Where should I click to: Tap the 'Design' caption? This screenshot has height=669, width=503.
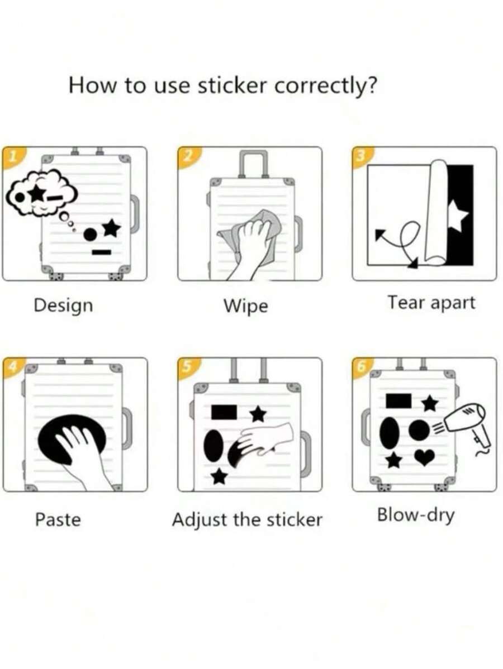[x=63, y=305]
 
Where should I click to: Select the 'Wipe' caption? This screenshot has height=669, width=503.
[x=245, y=306]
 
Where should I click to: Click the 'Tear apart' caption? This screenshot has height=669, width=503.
[x=431, y=303]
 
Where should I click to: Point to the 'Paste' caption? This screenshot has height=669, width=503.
[x=58, y=519]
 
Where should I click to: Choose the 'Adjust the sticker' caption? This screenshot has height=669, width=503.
[x=247, y=519]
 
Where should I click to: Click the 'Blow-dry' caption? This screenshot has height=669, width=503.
[x=416, y=514]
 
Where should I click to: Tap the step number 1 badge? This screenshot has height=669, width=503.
[x=9, y=156]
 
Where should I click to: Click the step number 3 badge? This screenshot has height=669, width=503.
[x=359, y=156]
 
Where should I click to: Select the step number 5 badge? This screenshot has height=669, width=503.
[x=185, y=367]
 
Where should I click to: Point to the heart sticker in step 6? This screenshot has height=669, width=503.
[x=424, y=457]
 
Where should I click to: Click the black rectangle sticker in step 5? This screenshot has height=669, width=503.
[x=224, y=412]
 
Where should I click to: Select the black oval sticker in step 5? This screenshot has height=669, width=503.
[x=213, y=446]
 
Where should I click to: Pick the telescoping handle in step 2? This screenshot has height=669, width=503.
[x=253, y=163]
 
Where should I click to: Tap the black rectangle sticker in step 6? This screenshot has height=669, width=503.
[x=398, y=400]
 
